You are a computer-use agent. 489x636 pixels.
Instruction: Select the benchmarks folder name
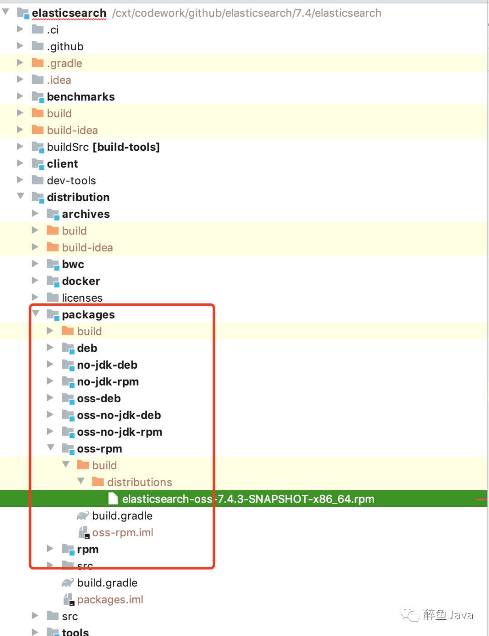coord(81,97)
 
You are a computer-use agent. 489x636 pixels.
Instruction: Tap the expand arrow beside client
coord(19,163)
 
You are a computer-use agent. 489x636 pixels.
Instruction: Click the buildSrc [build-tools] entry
coord(103,147)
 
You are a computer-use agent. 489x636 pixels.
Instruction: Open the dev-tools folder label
coord(71,181)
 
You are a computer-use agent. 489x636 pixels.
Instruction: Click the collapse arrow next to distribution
coord(20,197)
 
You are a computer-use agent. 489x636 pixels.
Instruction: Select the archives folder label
coord(86,214)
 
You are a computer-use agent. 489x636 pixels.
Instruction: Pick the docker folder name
coord(81,281)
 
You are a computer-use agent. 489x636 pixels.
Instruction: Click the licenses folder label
coord(82,298)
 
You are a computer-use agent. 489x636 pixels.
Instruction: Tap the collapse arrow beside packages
coord(36,314)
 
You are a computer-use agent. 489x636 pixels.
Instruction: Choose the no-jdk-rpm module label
coord(108,382)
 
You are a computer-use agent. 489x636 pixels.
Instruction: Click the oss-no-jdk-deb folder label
coord(119,415)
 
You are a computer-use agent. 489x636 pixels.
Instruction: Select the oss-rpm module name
coord(99,449)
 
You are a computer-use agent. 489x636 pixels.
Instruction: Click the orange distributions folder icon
coord(98,482)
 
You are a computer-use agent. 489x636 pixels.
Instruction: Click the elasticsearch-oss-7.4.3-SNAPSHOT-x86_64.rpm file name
coord(248,499)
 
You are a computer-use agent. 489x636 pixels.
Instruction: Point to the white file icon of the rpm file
coord(113,499)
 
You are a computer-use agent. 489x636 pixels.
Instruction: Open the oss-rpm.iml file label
coord(122,533)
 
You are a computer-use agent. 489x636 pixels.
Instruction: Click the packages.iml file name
coord(110,600)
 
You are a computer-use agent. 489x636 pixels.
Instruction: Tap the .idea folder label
coord(59,80)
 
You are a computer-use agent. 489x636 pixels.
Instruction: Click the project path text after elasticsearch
coord(247,13)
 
